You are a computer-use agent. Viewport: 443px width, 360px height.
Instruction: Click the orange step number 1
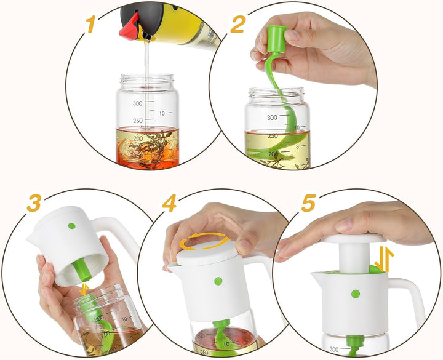pyautogui.click(x=90, y=25)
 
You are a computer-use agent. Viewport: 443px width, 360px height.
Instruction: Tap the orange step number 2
pyautogui.click(x=238, y=25)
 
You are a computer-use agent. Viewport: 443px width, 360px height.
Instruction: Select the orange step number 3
pyautogui.click(x=34, y=204)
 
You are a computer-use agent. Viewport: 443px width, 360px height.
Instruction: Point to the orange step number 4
pyautogui.click(x=170, y=203)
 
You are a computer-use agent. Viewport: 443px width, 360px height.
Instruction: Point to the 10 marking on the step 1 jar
pyautogui.click(x=162, y=113)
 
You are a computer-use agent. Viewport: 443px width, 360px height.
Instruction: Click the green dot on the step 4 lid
pyautogui.click(x=218, y=281)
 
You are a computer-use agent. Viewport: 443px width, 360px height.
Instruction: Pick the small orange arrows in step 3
pyautogui.click(x=84, y=289)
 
